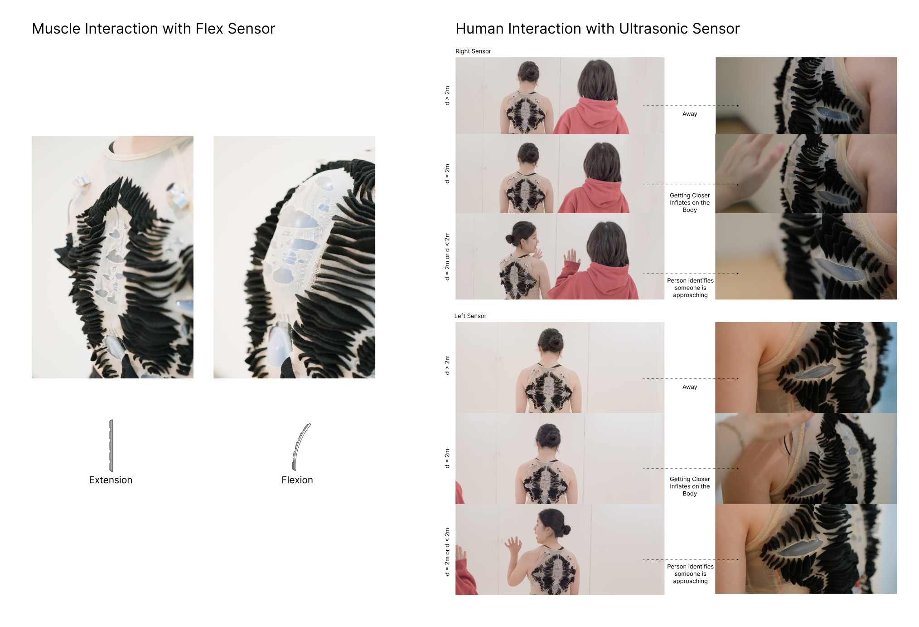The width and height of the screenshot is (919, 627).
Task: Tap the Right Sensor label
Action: point(473,51)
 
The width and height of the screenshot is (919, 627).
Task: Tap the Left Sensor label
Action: point(470,316)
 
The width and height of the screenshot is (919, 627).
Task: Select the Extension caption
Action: point(111,480)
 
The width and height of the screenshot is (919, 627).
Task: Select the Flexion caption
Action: point(297,480)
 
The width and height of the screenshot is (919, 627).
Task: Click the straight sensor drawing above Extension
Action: point(111,446)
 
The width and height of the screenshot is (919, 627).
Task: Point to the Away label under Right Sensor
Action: point(690,114)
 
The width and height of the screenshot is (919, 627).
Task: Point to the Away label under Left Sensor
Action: point(690,387)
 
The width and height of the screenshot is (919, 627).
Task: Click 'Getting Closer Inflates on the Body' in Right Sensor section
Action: point(690,203)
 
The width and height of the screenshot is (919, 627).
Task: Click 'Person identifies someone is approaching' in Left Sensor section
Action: point(690,574)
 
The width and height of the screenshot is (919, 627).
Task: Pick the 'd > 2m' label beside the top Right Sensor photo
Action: point(447,96)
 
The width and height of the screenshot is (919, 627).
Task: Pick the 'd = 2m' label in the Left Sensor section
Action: point(447,459)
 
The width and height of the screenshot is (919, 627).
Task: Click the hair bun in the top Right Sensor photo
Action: point(528,71)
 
